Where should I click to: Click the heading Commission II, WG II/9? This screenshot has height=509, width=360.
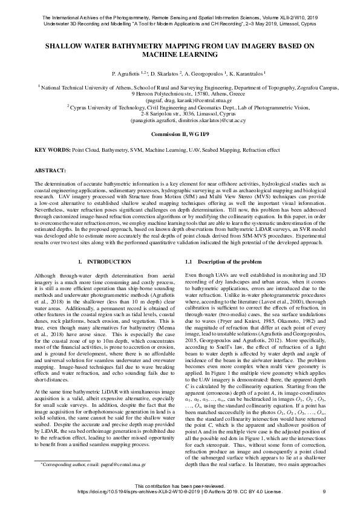click(180, 132)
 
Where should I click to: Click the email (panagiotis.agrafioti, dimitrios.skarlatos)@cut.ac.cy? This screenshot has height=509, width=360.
click(180, 120)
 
